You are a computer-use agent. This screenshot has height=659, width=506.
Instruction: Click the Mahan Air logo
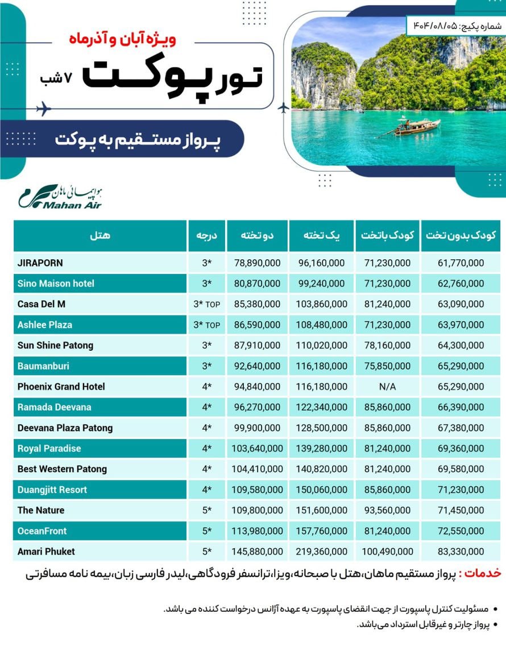pos(60,196)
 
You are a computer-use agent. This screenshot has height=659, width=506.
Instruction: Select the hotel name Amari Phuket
pos(46,551)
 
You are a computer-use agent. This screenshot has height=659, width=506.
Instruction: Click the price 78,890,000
pos(257,263)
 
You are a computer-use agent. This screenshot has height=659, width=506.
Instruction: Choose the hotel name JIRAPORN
pos(40,263)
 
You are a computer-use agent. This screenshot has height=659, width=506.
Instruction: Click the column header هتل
pos(100,235)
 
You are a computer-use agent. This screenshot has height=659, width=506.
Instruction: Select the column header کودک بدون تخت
pos(461,235)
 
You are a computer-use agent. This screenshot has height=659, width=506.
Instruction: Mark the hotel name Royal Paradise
pos(49,448)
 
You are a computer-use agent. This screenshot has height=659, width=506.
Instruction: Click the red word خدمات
pos(484,573)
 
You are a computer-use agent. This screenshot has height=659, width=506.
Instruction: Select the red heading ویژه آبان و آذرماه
pos(122,40)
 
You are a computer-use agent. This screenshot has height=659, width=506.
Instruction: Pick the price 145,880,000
pos(257,552)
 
